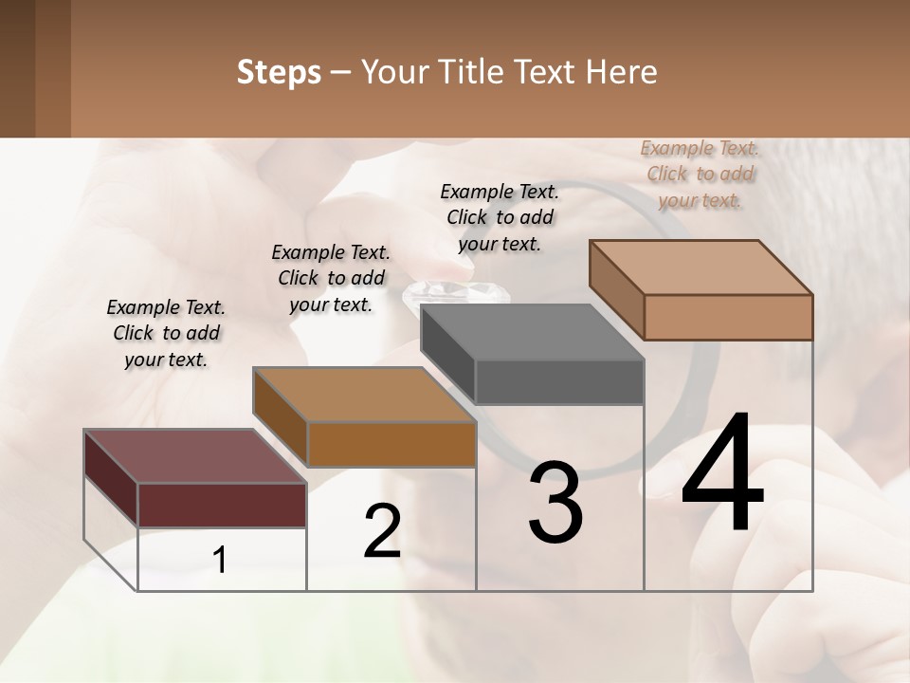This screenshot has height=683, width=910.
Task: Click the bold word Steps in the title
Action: pyautogui.click(x=278, y=72)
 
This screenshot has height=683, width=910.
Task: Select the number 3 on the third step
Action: pyautogui.click(x=555, y=503)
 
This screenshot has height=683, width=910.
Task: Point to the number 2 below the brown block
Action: pyautogui.click(x=382, y=531)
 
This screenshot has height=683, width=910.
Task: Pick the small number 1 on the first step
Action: pyautogui.click(x=220, y=561)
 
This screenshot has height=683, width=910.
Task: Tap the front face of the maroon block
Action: pyautogui.click(x=222, y=505)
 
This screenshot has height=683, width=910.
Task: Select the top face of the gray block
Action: pyautogui.click(x=531, y=332)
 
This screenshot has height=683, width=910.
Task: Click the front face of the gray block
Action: pyautogui.click(x=559, y=382)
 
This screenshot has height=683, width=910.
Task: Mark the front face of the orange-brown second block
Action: pyautogui.click(x=391, y=444)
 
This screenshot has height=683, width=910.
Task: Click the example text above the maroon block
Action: pyautogui.click(x=166, y=333)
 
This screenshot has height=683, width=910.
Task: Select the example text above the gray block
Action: pyautogui.click(x=500, y=217)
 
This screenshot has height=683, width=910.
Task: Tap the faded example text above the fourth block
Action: pyautogui.click(x=700, y=174)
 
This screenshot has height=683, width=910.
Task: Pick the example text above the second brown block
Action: pyautogui.click(x=331, y=278)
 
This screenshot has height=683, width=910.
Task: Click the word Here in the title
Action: pyautogui.click(x=622, y=72)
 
